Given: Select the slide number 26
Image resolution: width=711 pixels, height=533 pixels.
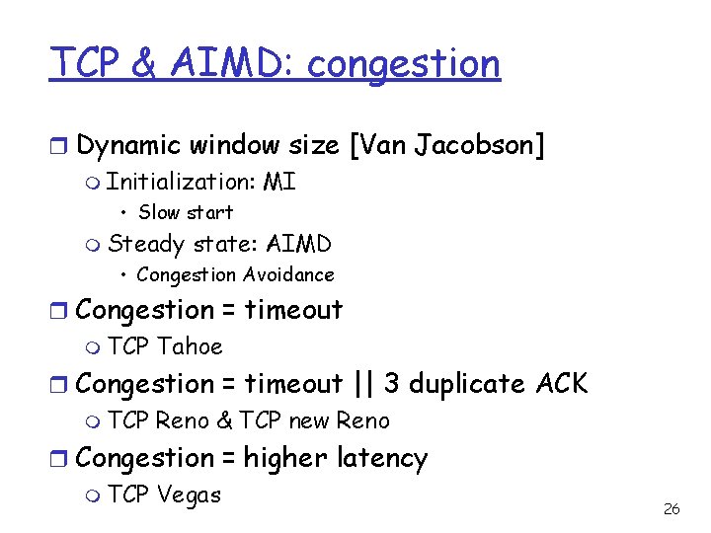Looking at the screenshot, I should [x=671, y=509].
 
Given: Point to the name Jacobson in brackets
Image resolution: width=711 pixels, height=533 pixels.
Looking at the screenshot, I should [x=480, y=146].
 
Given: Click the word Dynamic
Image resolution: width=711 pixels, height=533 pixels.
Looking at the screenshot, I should [x=128, y=146].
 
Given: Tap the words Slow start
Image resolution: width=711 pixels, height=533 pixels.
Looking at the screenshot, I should [x=186, y=212].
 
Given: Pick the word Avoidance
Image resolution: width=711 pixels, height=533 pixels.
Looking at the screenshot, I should [x=287, y=275].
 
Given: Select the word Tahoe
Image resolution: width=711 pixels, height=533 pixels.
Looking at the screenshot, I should [x=190, y=346].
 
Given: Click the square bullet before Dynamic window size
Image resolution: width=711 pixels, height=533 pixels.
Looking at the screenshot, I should [x=59, y=147].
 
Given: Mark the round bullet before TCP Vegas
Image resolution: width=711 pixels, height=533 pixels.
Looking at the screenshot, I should [x=93, y=495].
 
